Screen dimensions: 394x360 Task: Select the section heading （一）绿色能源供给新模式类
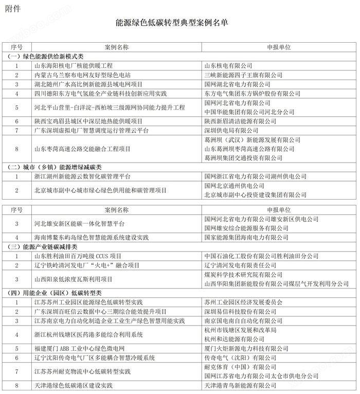pyautogui.click(x=46, y=57)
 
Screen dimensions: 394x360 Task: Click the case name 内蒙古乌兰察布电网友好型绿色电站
pyautogui.click(x=82, y=75)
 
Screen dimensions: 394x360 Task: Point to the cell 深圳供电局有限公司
pyautogui.click(x=232, y=131)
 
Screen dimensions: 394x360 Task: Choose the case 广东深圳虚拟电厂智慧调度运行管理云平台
pyautogui.click(x=92, y=131)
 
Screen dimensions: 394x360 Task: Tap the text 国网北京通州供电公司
pyautogui.click(x=235, y=186)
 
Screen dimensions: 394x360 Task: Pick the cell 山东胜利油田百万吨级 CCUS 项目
pyautogui.click(x=78, y=256)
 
